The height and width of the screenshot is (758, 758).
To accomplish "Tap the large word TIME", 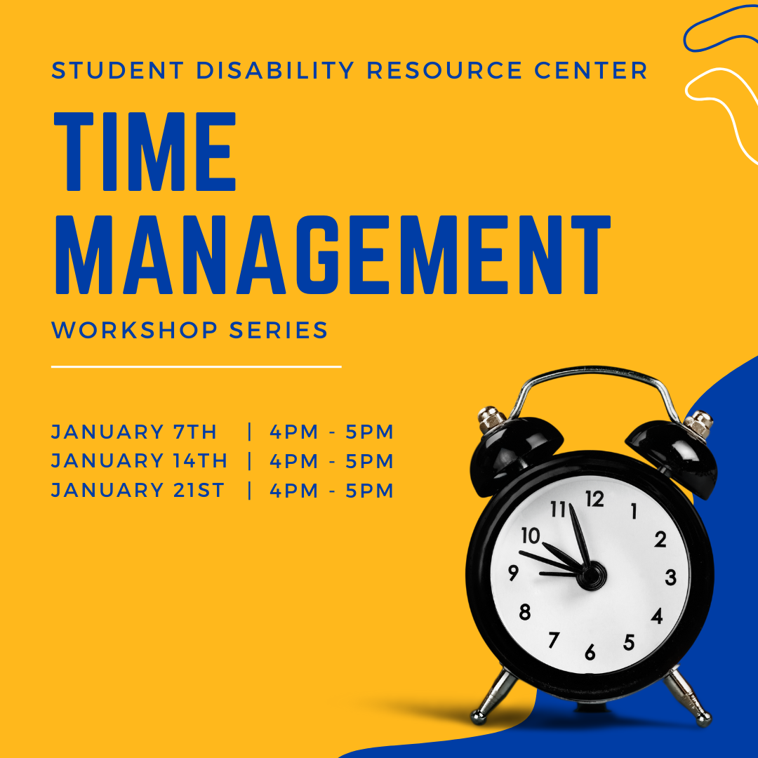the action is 145,152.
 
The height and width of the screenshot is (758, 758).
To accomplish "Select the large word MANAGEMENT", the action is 333,255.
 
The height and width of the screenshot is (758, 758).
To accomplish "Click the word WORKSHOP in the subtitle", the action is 134,330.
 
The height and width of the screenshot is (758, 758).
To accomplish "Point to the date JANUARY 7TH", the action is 134,432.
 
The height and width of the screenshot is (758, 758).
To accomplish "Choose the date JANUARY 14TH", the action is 139,460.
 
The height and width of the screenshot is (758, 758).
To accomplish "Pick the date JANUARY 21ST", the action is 138,490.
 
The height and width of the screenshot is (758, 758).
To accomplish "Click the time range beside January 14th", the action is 331,461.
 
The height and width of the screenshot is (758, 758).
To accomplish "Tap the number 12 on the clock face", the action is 594,499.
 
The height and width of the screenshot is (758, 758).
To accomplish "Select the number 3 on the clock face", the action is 670,577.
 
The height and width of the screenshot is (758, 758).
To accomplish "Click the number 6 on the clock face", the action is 590,653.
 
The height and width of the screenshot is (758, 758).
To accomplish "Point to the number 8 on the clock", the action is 525,612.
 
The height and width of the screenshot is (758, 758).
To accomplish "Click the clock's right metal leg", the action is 687,696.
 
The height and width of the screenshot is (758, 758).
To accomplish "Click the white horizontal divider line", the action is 197,367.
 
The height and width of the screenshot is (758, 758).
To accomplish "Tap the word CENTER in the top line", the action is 591,70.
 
